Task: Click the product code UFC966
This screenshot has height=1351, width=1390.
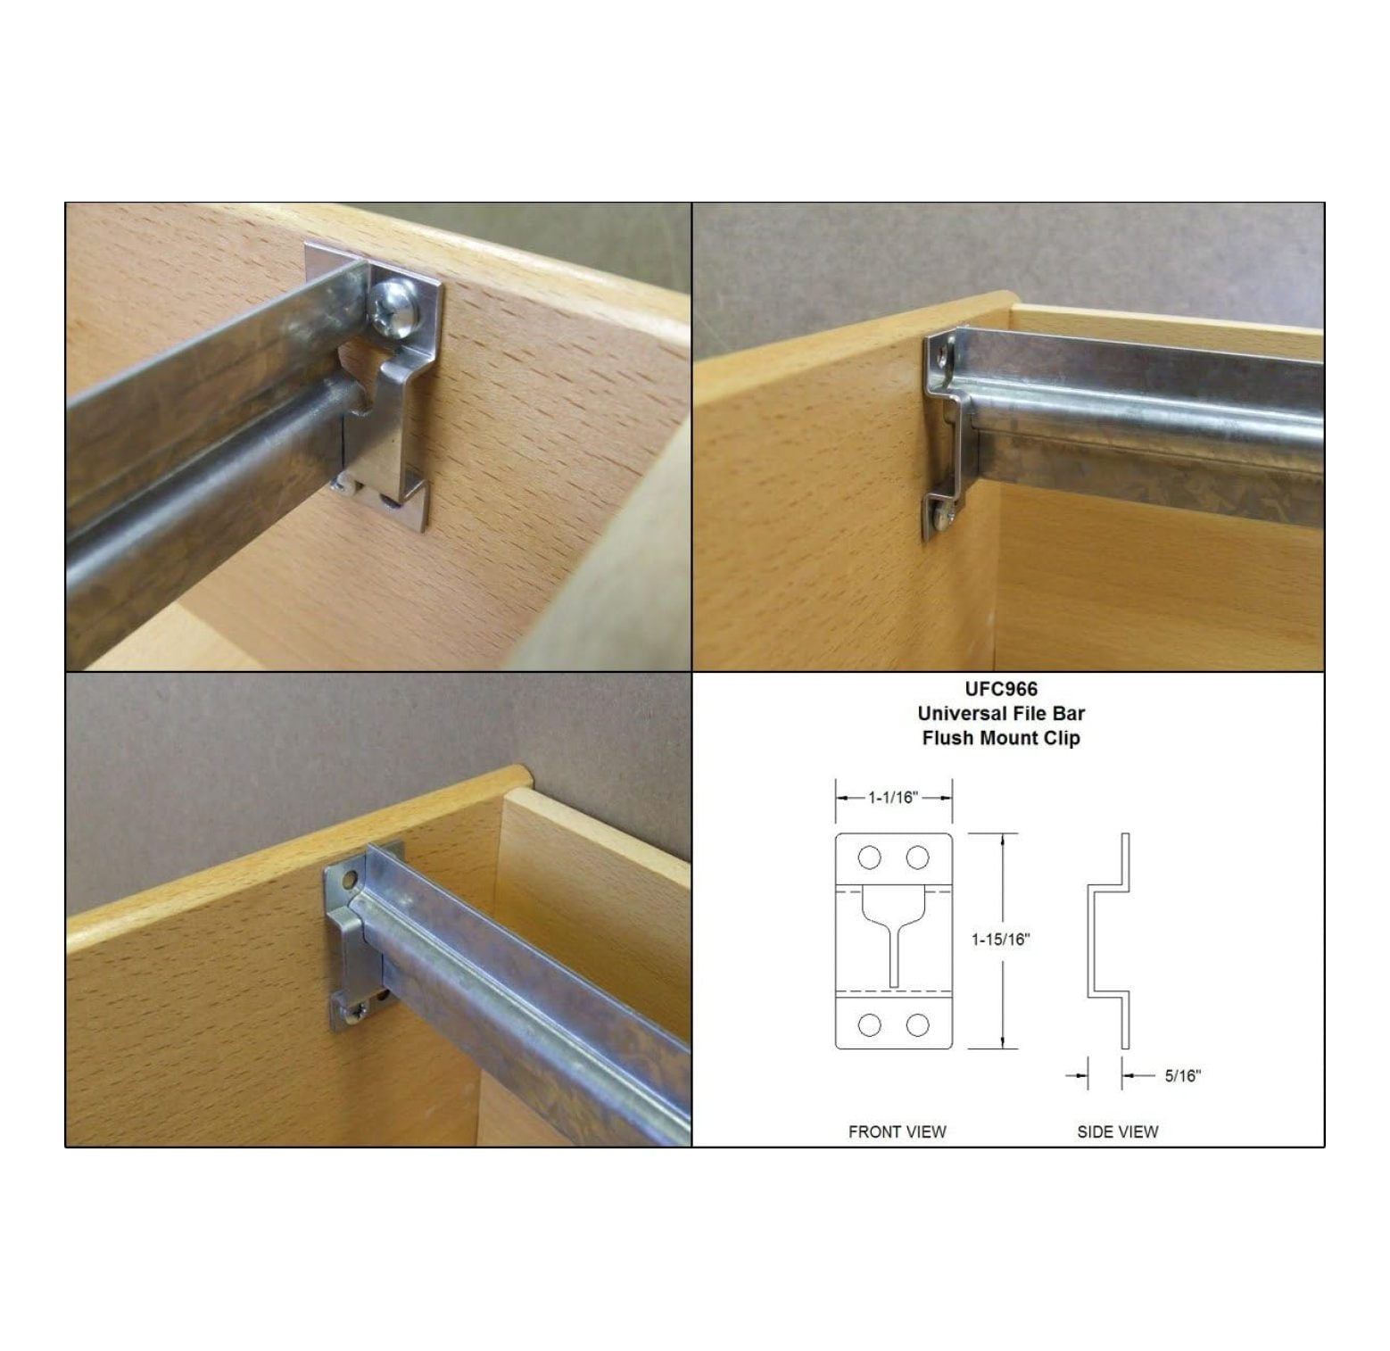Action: (x=1001, y=689)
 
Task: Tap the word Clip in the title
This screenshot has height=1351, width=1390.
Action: (x=1063, y=738)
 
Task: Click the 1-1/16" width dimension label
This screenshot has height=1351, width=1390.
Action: (x=893, y=798)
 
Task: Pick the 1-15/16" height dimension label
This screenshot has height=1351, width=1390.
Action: (x=1000, y=939)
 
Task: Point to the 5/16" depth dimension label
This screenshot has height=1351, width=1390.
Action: (x=1182, y=1076)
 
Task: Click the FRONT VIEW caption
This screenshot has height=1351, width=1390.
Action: (x=897, y=1131)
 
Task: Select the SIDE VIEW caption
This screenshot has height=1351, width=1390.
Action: (x=1117, y=1131)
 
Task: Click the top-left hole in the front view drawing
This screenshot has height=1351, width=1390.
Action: (x=869, y=858)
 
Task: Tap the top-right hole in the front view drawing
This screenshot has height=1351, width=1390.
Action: (x=917, y=858)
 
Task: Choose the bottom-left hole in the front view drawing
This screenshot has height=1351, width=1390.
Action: (x=869, y=1025)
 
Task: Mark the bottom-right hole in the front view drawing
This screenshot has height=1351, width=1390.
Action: (x=917, y=1025)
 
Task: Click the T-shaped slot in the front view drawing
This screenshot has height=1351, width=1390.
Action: (x=893, y=937)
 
